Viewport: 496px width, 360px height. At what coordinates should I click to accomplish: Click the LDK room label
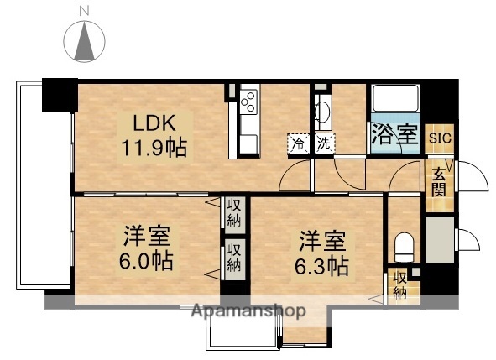pos(152,123)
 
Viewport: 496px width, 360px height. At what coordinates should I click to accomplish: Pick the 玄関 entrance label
pos(440,182)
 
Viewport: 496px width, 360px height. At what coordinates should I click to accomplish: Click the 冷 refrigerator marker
pos(298,144)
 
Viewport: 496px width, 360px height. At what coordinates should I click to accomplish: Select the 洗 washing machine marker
pos(324,144)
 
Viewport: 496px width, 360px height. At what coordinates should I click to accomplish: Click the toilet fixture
pos(405,245)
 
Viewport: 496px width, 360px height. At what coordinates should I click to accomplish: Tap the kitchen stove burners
pos(248,103)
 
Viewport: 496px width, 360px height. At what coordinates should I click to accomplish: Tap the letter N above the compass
pos(82,10)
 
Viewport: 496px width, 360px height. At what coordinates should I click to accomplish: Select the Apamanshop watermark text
pos(248,311)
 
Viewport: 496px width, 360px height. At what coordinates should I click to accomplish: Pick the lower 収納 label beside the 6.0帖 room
pos(233,258)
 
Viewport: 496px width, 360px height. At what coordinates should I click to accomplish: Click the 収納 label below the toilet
pos(400,286)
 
